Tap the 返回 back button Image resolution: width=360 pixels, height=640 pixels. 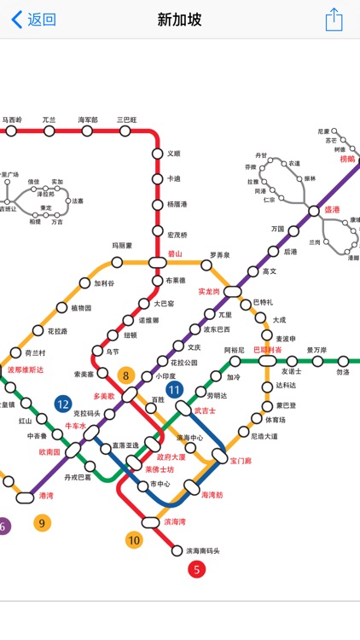[x=34, y=20]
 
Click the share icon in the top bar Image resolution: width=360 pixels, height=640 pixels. [x=334, y=20]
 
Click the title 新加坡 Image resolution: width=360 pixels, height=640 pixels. [x=180, y=20]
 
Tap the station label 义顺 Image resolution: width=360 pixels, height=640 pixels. [x=173, y=154]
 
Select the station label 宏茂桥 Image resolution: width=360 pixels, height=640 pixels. [x=177, y=234]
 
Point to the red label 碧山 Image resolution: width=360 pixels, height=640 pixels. [x=175, y=253]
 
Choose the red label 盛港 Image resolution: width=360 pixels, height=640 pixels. [x=330, y=209]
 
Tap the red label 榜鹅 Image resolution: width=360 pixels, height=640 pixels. [x=347, y=159]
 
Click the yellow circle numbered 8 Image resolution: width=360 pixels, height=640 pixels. [x=127, y=375]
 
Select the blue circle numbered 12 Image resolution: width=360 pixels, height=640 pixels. [x=62, y=404]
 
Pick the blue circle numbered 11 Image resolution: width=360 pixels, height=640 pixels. [x=175, y=390]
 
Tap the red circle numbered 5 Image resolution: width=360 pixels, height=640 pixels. [x=197, y=569]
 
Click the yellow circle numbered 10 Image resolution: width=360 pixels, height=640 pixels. [x=134, y=539]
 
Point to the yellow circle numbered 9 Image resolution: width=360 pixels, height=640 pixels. [x=43, y=522]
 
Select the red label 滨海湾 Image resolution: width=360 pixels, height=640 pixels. [x=175, y=521]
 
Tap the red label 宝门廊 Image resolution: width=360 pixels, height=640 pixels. [x=241, y=461]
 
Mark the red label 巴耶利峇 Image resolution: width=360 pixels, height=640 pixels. [x=268, y=350]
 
